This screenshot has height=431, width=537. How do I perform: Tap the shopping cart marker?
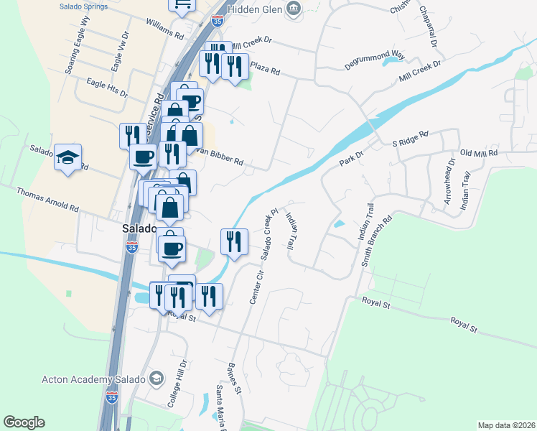coord(182,4)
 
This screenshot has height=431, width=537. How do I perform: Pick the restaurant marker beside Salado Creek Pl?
coord(233,241)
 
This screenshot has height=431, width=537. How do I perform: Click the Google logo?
coord(24,422)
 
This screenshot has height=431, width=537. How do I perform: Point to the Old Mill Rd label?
coord(479,153)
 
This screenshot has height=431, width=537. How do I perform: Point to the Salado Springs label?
coord(84,6)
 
